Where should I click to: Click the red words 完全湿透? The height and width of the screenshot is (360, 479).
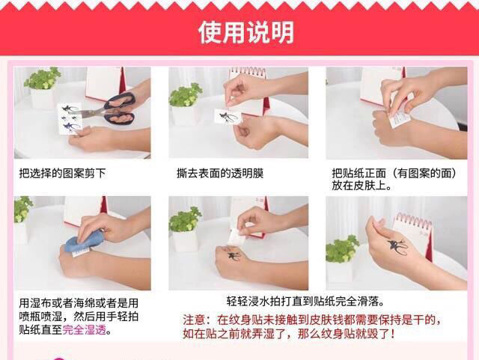point(86,329)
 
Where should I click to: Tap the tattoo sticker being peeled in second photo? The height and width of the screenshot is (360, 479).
point(227,117)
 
